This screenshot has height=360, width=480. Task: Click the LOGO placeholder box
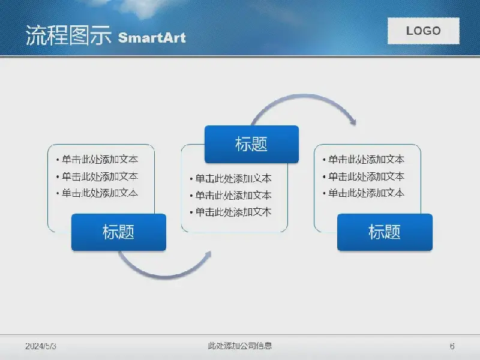click(424, 31)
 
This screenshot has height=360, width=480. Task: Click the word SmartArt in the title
click(152, 38)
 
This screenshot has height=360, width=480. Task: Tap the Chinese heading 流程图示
click(68, 35)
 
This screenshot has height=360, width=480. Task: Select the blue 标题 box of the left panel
click(119, 232)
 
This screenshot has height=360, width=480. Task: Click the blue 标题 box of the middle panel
click(251, 144)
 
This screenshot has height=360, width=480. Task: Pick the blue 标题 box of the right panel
click(385, 232)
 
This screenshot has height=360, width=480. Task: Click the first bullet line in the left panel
click(97, 159)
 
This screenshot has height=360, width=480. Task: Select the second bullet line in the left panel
click(97, 176)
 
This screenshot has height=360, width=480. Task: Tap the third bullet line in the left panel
click(97, 193)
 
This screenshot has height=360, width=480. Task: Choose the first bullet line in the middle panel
click(230, 178)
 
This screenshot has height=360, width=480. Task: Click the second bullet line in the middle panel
click(230, 195)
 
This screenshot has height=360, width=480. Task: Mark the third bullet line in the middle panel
click(230, 212)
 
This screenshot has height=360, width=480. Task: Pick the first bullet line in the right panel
click(364, 159)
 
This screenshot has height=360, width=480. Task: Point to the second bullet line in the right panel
click(364, 176)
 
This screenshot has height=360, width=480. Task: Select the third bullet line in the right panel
click(364, 193)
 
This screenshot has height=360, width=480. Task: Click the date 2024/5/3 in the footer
click(41, 346)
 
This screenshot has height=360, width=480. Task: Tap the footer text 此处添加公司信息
click(239, 346)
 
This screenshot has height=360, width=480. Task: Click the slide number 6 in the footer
click(452, 346)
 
